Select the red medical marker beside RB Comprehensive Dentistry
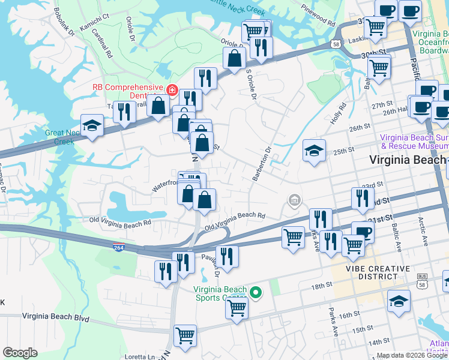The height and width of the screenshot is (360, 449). (172, 91)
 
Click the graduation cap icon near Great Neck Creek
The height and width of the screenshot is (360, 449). (92, 125)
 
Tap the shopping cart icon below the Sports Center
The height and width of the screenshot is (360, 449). (237, 308)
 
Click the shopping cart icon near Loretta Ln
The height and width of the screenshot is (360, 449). (185, 336)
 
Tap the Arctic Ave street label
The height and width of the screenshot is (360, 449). (420, 235)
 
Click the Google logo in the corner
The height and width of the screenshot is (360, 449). (20, 353)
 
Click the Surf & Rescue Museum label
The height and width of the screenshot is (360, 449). (414, 141)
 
